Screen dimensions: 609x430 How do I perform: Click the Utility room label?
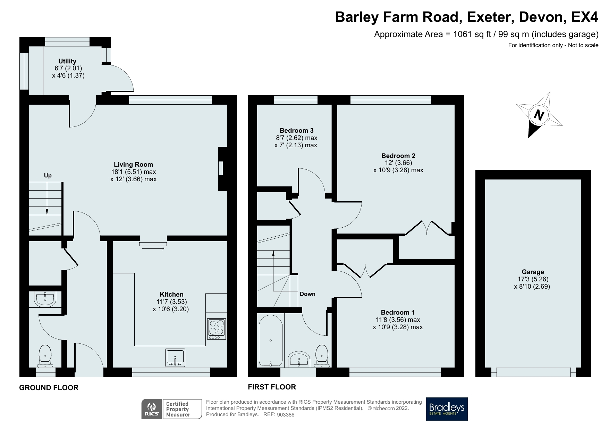[x=67, y=61]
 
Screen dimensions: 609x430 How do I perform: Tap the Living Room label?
[x=133, y=165]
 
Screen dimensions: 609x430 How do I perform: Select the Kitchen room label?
[x=171, y=295]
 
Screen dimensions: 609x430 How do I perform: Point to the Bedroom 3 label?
[x=296, y=131]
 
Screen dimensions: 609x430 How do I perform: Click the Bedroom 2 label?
[x=398, y=156]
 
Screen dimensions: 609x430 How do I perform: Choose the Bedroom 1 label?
[x=398, y=313]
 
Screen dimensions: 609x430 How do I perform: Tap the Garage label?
[x=533, y=272]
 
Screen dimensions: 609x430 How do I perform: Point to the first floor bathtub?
[x=271, y=341]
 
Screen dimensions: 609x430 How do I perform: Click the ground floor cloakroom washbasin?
[x=45, y=299]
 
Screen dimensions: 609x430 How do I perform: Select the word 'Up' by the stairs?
[x=48, y=176]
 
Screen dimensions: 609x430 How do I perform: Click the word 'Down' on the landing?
[x=307, y=294]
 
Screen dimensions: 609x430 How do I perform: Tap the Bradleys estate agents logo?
[x=447, y=409]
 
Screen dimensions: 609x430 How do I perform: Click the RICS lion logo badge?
[x=152, y=409]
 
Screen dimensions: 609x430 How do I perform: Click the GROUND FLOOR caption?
[x=49, y=388]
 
